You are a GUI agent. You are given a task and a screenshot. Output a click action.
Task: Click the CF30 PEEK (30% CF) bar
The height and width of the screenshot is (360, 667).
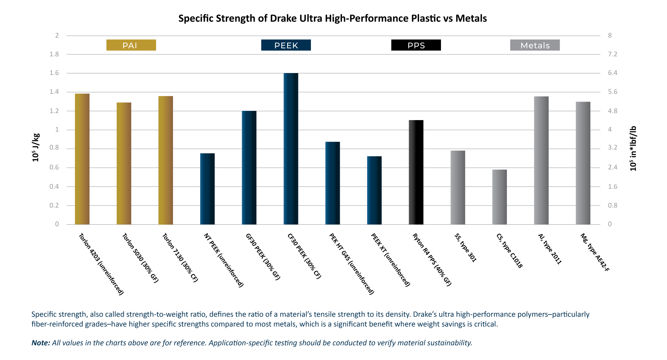point(291,149)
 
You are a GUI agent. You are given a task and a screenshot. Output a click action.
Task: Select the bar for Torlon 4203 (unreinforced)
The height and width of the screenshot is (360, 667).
point(82,159)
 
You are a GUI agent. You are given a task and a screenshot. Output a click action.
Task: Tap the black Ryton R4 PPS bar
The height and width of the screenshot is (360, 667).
point(416,172)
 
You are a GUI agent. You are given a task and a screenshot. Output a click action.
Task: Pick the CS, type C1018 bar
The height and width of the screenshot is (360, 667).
point(500,197)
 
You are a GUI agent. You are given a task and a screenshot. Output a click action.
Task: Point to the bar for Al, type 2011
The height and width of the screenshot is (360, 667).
point(541,161)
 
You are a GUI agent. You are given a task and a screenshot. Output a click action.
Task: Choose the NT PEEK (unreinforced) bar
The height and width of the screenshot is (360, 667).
point(208,189)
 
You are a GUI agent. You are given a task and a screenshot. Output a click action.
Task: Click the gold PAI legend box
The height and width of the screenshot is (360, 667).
point(131,45)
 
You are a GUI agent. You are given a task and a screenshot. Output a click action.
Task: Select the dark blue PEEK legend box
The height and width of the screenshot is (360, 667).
point(286,45)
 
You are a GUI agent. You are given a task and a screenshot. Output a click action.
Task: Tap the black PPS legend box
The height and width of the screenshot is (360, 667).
point(416,45)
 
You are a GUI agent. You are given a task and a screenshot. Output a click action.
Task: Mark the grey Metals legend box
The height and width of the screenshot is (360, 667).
point(535,45)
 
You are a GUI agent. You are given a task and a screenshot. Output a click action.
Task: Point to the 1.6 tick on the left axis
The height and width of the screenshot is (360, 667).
point(54,73)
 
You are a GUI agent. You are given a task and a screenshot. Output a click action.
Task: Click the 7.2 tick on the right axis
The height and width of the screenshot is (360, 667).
point(613,55)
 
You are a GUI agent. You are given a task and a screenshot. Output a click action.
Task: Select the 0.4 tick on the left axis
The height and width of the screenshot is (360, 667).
point(54,186)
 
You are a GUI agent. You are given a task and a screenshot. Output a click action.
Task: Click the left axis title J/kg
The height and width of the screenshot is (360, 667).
point(36,148)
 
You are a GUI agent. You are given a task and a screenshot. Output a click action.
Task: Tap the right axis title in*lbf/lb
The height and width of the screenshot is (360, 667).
point(633,148)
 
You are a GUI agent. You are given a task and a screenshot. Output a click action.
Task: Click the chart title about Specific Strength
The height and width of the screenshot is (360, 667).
point(332,19)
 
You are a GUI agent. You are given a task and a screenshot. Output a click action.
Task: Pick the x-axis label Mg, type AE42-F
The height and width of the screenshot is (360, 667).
point(595,252)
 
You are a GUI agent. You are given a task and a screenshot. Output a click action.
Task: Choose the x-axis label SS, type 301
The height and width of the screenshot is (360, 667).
point(465,248)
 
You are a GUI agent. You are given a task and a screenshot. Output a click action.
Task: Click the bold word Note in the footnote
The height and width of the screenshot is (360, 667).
point(40,343)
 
